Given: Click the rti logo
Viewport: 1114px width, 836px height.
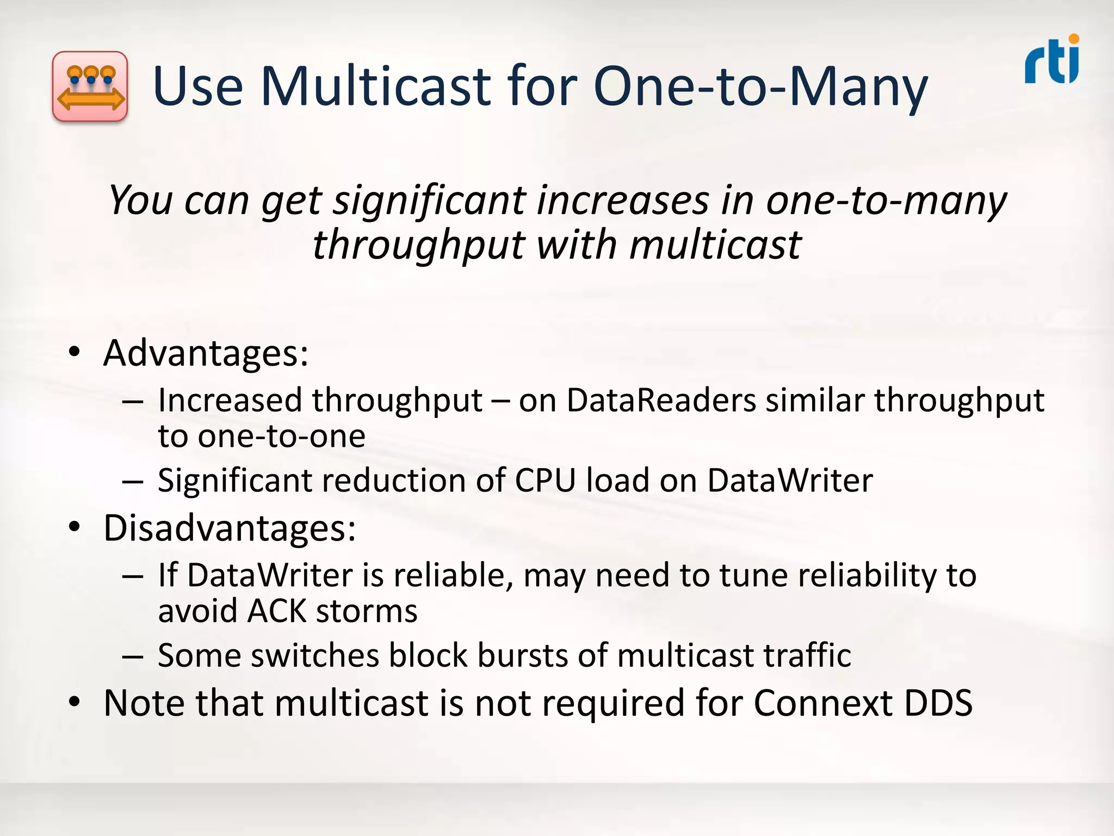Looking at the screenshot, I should pos(1052,60).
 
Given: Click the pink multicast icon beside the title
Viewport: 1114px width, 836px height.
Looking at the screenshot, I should pos(90,86).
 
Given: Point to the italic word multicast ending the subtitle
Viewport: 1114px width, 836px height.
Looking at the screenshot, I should pos(715,245).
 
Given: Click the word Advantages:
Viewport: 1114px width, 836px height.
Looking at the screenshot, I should pos(206,354).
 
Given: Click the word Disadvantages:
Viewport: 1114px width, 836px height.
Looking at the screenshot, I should pos(230,528).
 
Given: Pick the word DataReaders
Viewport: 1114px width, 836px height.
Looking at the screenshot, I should pos(661,401).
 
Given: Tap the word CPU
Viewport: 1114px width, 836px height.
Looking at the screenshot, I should pos(545,481).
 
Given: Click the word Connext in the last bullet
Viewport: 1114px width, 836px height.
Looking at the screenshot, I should pos(823,703).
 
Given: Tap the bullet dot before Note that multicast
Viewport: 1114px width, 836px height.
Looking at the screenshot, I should pos(75,702).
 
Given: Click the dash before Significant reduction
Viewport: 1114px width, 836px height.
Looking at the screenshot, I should pos(133,481).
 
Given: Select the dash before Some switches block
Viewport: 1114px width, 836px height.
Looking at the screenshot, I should pos(133,656).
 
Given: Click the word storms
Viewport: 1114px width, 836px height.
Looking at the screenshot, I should pos(367,611).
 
